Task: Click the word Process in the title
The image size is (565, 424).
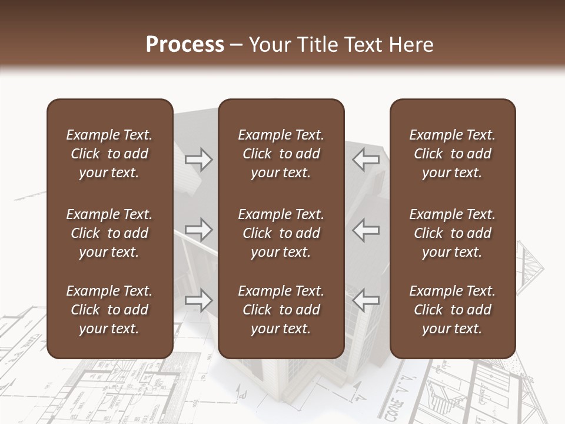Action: click(x=185, y=45)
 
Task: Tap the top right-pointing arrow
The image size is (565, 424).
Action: click(x=198, y=159)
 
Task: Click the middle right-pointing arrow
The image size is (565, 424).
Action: click(x=198, y=230)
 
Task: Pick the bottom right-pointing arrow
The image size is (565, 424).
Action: click(x=198, y=300)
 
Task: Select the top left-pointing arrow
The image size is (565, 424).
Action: click(x=366, y=159)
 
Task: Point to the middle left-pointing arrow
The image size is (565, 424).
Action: click(x=366, y=230)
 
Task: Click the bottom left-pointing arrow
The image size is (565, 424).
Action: click(x=366, y=300)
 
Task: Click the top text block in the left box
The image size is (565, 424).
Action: click(x=109, y=154)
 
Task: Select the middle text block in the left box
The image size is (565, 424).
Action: click(x=109, y=233)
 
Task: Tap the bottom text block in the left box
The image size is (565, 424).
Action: click(x=109, y=310)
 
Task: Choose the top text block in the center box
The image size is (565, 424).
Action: click(x=281, y=154)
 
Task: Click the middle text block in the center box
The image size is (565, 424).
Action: click(x=281, y=233)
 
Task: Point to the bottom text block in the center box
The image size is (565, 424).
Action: click(x=281, y=310)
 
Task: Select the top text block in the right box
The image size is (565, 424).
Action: click(x=453, y=154)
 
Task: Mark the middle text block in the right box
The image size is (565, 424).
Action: click(x=453, y=233)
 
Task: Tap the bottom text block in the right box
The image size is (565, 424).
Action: click(x=453, y=310)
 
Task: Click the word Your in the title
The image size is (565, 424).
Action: click(x=269, y=45)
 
